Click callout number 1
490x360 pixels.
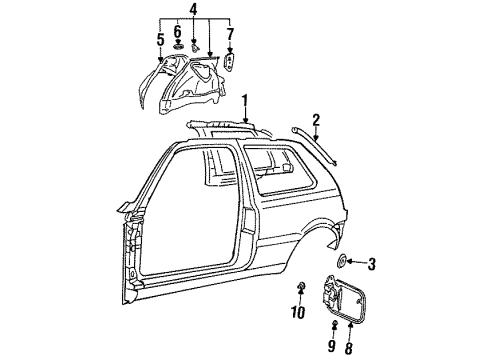coord(245,101)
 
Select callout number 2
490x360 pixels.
coord(316,120)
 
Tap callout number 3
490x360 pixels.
coord(371,264)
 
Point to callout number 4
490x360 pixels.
coord(193,10)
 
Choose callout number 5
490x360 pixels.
coord(161,40)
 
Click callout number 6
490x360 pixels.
coord(178,32)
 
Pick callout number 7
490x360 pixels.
coord(230,35)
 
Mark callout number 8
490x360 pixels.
coord(349,347)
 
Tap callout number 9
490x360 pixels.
coord(331,346)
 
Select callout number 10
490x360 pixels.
coord(298,313)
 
